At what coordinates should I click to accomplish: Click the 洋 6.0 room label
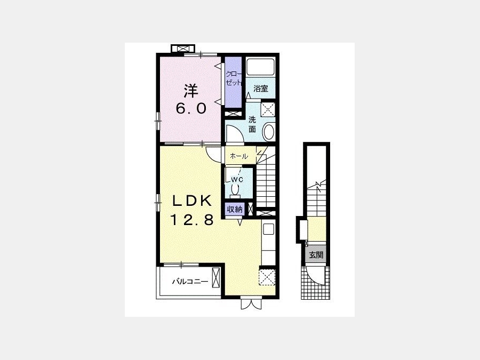pyautogui.click(x=191, y=99)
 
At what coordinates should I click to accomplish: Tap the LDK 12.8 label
pyautogui.click(x=191, y=210)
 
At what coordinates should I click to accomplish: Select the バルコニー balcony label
pyautogui.click(x=190, y=281)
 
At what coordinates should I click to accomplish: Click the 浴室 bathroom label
pyautogui.click(x=261, y=89)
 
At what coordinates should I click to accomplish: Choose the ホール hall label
pyautogui.click(x=239, y=156)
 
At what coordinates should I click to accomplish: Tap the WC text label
pyautogui.click(x=237, y=180)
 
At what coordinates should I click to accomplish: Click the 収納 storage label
pyautogui.click(x=235, y=209)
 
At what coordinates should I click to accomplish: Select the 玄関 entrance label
pyautogui.click(x=316, y=254)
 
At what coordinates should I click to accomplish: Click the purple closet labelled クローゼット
pyautogui.click(x=234, y=82)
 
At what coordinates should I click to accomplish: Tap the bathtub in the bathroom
pyautogui.click(x=261, y=67)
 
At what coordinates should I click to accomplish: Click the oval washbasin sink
pyautogui.click(x=269, y=132)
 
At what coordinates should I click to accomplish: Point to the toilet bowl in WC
pyautogui.click(x=235, y=191)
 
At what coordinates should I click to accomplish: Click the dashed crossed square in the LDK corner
pyautogui.click(x=267, y=277)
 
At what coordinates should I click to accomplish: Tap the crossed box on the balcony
pyautogui.click(x=216, y=277)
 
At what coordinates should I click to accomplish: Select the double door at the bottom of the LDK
pyautogui.click(x=251, y=303)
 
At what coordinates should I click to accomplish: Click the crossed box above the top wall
pyautogui.click(x=183, y=49)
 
